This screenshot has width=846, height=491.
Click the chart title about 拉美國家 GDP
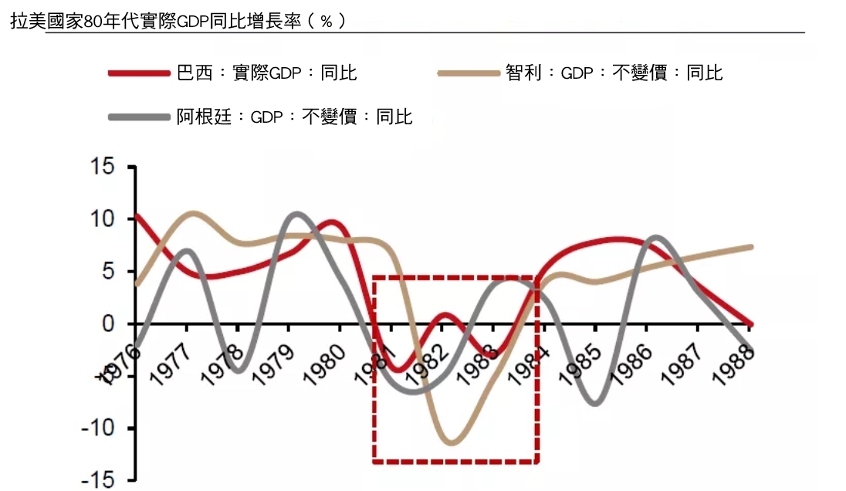tap(178, 21)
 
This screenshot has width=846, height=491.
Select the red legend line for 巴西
tap(139, 73)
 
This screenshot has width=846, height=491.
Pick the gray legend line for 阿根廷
tap(139, 117)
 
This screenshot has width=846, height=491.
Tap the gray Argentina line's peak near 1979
tap(297, 213)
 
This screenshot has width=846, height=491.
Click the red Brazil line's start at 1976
tap(137, 215)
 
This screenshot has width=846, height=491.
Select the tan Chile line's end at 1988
tap(750, 247)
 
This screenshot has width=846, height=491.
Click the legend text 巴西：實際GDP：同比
tap(267, 73)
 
